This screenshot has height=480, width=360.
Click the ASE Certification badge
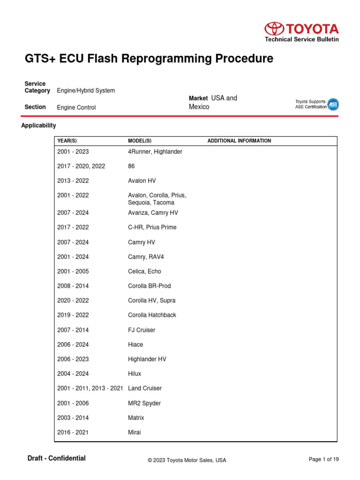pyautogui.click(x=332, y=105)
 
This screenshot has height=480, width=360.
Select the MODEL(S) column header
pyautogui.click(x=140, y=141)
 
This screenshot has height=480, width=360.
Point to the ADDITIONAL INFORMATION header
pyautogui.click(x=239, y=141)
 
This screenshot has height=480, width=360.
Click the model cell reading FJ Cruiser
pyautogui.click(x=142, y=330)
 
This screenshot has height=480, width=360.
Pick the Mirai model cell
pyautogui.click(x=134, y=433)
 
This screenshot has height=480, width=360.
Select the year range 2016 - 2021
pyautogui.click(x=73, y=433)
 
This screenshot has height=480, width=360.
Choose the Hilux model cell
pyautogui.click(x=135, y=374)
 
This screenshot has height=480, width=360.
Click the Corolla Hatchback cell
pyautogui.click(x=152, y=315)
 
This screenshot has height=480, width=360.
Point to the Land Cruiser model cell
pyautogui.click(x=145, y=389)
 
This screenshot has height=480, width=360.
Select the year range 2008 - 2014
pyautogui.click(x=73, y=286)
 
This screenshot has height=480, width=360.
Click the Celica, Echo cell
pyautogui.click(x=144, y=271)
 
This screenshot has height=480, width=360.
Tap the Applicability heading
pyautogui.click(x=39, y=126)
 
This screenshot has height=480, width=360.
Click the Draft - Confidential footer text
pyautogui.click(x=57, y=458)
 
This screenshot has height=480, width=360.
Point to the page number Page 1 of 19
pyautogui.click(x=323, y=459)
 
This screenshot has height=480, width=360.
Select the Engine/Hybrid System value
pyautogui.click(x=86, y=90)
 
